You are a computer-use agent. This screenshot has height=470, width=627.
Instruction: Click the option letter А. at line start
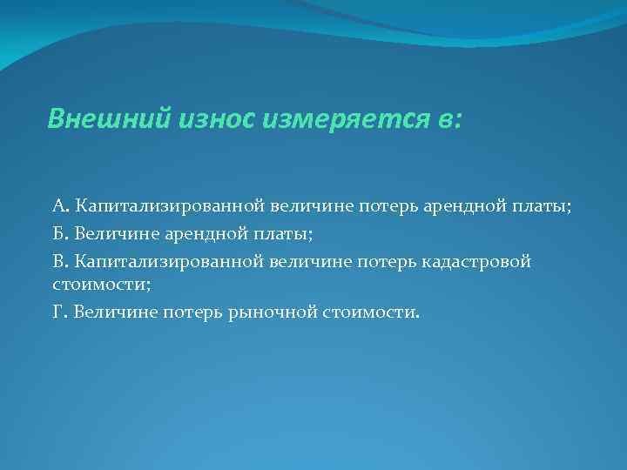point(60,206)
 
